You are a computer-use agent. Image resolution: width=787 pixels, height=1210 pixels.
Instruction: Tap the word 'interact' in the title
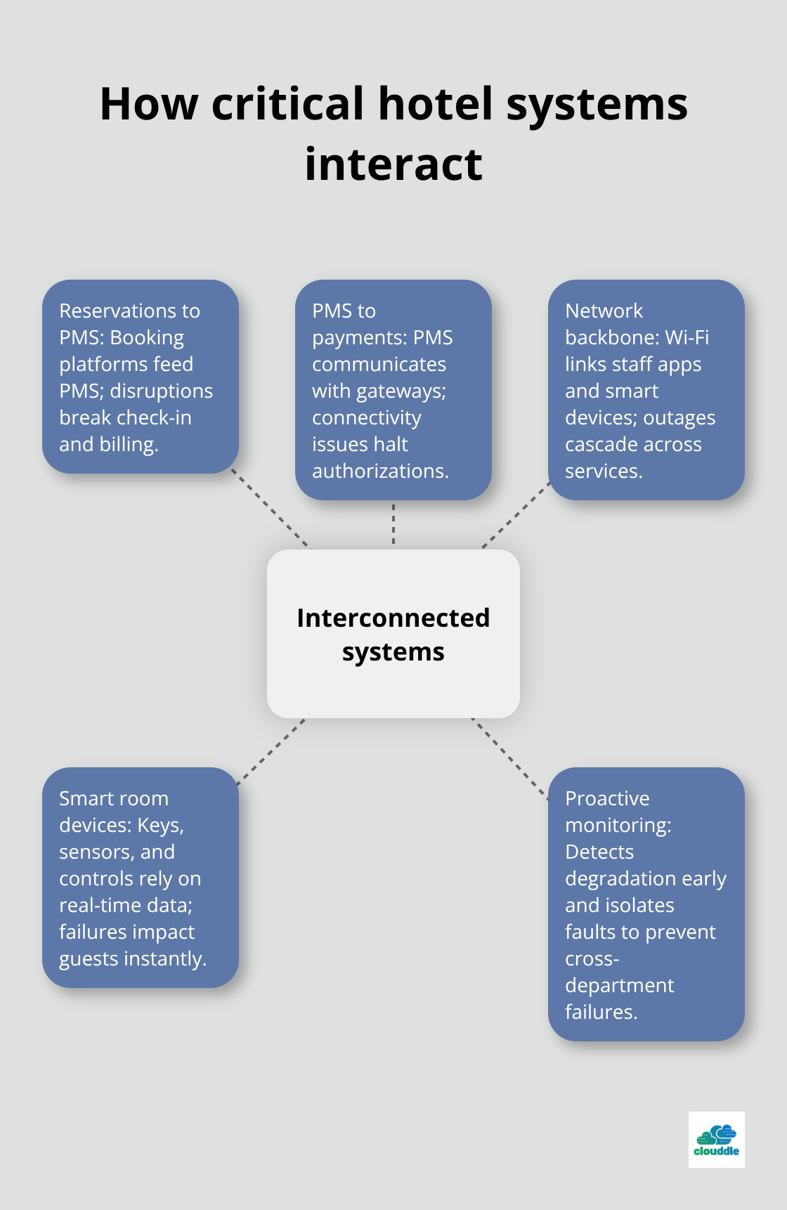click(x=393, y=164)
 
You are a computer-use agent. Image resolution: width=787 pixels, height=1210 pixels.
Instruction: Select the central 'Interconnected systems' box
click(x=393, y=634)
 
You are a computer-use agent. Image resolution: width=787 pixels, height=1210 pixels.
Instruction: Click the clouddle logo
click(x=716, y=1139)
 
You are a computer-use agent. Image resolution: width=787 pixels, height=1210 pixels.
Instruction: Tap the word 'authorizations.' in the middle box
click(x=380, y=471)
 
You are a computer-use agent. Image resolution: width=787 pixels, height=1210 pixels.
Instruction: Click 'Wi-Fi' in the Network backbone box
click(x=687, y=337)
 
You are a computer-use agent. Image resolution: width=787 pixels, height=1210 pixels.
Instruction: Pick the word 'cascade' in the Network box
click(x=600, y=444)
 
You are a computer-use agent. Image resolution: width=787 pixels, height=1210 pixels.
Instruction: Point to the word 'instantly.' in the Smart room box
click(x=169, y=958)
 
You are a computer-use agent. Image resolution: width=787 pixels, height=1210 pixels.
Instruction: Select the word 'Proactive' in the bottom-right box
click(x=607, y=798)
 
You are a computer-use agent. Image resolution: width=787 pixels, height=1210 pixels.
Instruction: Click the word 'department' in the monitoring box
click(x=619, y=985)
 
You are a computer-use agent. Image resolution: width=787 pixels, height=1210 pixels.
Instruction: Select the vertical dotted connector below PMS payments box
click(x=393, y=524)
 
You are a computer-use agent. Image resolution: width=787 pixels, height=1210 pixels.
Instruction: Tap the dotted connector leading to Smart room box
click(x=271, y=750)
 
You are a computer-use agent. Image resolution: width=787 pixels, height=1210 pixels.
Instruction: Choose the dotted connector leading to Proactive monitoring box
click(x=510, y=757)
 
